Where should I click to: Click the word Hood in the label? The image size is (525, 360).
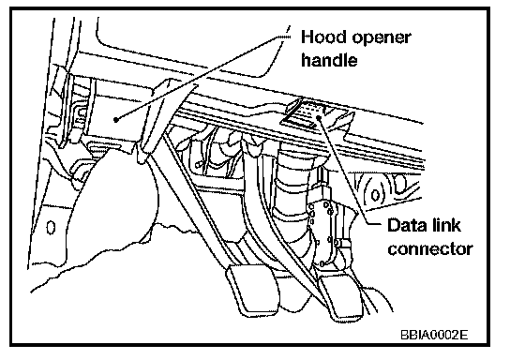click(x=323, y=37)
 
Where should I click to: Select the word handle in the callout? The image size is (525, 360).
click(x=329, y=60)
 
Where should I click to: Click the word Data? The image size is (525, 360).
click(x=408, y=225)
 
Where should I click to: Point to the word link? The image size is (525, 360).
click(x=446, y=225)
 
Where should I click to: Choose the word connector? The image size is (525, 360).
click(x=430, y=249)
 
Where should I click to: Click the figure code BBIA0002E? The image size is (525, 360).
click(x=434, y=334)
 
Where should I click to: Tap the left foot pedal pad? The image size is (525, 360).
click(x=253, y=289)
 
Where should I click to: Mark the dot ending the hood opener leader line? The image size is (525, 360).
click(x=115, y=120)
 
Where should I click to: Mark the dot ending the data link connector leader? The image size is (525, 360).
click(x=319, y=117)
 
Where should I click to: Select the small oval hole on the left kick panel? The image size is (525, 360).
click(x=51, y=228)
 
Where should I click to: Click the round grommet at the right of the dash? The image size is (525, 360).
click(x=375, y=195)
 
